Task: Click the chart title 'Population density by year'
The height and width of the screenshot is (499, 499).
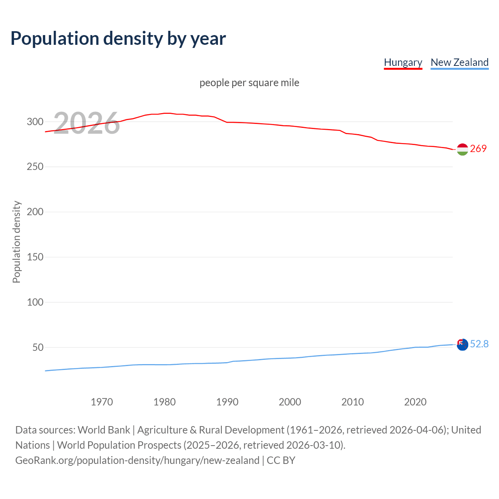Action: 118,38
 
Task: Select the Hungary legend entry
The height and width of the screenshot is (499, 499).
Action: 403,62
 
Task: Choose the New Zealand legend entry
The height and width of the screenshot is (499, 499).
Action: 459,62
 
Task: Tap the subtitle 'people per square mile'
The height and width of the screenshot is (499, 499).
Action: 249,83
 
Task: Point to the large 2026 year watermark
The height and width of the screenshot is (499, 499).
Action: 86,123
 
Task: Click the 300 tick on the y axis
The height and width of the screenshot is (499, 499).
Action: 35,122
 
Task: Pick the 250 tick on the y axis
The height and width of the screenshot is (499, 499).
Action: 35,167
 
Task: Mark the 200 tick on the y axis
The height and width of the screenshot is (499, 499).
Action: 35,212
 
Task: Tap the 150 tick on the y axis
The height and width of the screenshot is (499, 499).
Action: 35,257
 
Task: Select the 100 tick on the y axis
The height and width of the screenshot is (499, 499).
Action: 35,302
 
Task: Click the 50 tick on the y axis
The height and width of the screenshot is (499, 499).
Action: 38,347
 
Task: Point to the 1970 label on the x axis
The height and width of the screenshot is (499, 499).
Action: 102,402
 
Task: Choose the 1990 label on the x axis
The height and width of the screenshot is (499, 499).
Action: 227,402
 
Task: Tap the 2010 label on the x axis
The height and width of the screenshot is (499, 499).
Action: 352,402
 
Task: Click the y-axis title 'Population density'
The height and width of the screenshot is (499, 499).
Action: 16,242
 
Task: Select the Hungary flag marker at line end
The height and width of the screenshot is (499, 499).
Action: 462,149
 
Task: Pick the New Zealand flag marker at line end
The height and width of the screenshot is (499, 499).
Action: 462,345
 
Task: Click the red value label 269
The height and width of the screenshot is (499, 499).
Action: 478,149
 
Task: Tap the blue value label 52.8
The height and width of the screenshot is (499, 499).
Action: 479,344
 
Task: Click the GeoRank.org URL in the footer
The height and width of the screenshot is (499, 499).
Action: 137,460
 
